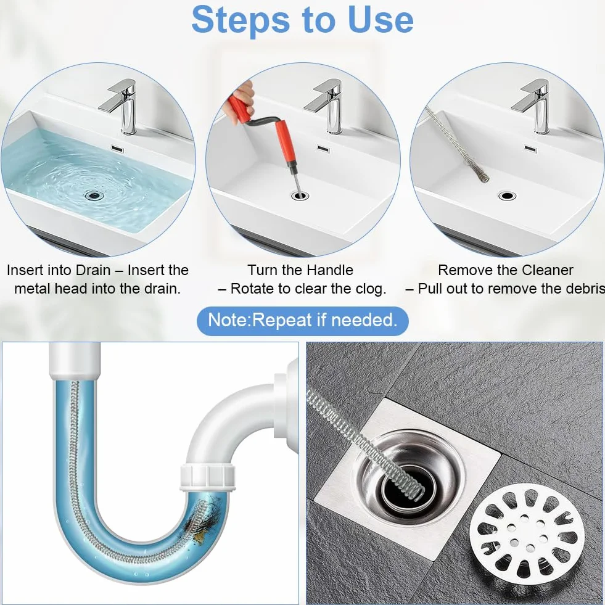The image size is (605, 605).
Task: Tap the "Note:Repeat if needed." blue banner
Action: [x=302, y=321]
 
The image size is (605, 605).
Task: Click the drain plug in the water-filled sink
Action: [x=94, y=195]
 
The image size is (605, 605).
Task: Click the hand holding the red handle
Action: [x=241, y=96]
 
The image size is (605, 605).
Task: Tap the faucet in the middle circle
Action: [x=326, y=107]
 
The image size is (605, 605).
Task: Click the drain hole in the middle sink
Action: [x=300, y=195]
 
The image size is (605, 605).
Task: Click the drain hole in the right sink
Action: [x=507, y=195]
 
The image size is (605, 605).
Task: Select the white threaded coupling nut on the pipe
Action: [x=208, y=477]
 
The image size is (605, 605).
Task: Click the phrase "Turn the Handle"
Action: [x=300, y=270]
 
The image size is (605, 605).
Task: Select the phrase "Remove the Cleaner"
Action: [x=506, y=270]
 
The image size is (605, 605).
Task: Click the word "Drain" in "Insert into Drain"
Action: [x=93, y=270]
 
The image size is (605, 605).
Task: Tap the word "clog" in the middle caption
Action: [x=368, y=289]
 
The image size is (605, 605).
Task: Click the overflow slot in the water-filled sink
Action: [x=117, y=149]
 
